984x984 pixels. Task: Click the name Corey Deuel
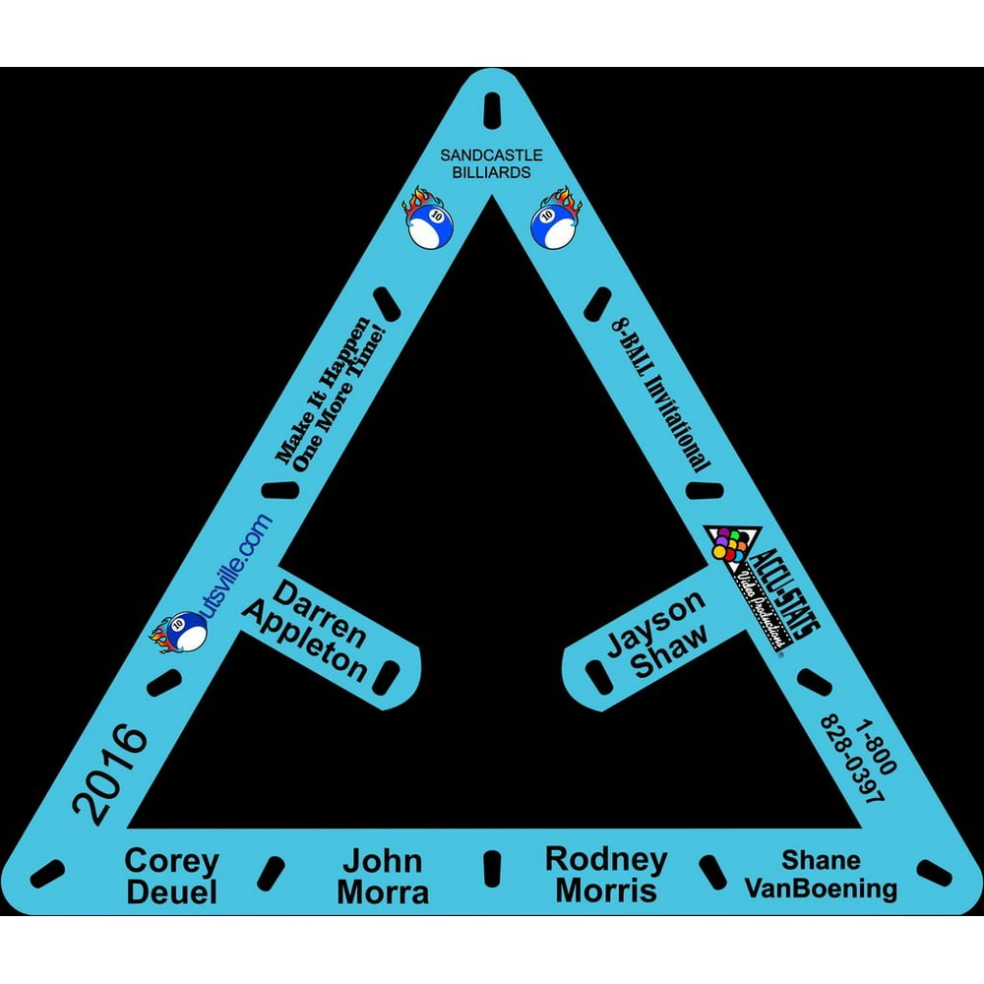(x=171, y=877)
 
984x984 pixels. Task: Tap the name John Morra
(x=383, y=877)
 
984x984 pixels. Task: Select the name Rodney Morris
(x=605, y=874)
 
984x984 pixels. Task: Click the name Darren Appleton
(x=307, y=631)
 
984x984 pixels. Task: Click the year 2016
(x=110, y=773)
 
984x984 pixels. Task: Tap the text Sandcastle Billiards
(x=485, y=164)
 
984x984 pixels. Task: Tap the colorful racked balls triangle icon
(x=729, y=547)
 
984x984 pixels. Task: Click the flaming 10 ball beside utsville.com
(x=178, y=635)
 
